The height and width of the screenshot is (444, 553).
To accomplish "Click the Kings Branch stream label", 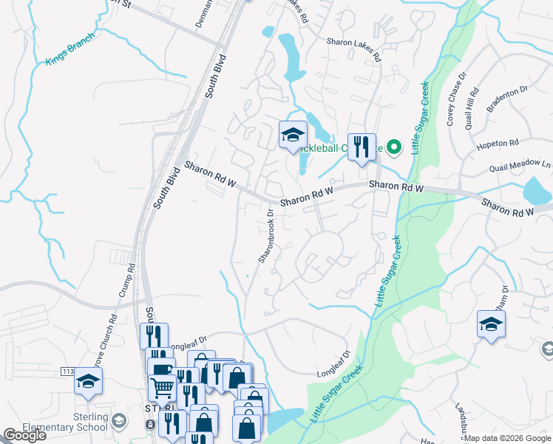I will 69,50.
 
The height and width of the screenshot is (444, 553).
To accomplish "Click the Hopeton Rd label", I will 499,142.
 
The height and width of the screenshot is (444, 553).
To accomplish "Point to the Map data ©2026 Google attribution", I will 507,438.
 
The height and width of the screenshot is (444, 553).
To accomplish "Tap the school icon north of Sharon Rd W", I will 293,135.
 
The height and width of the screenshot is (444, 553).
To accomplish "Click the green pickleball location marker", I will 394,147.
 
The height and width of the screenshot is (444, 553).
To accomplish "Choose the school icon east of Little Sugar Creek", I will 491,324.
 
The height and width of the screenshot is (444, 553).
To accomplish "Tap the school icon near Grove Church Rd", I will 89,381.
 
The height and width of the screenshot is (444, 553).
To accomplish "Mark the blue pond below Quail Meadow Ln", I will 537,190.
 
